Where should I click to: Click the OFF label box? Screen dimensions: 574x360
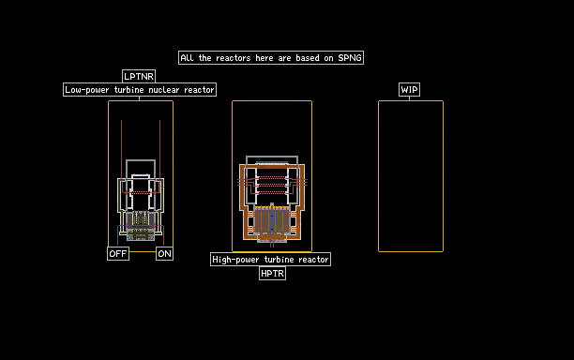[x=118, y=253]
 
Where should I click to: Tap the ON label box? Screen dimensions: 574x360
[x=164, y=253]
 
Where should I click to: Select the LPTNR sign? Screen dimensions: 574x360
[x=139, y=77]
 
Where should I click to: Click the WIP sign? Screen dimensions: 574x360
[x=409, y=90]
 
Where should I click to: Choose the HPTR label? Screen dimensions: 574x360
[x=272, y=274]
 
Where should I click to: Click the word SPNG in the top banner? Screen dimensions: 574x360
[x=350, y=58]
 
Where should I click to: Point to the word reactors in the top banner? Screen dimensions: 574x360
[x=234, y=58]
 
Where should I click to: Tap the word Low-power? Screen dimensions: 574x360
[x=87, y=90]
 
